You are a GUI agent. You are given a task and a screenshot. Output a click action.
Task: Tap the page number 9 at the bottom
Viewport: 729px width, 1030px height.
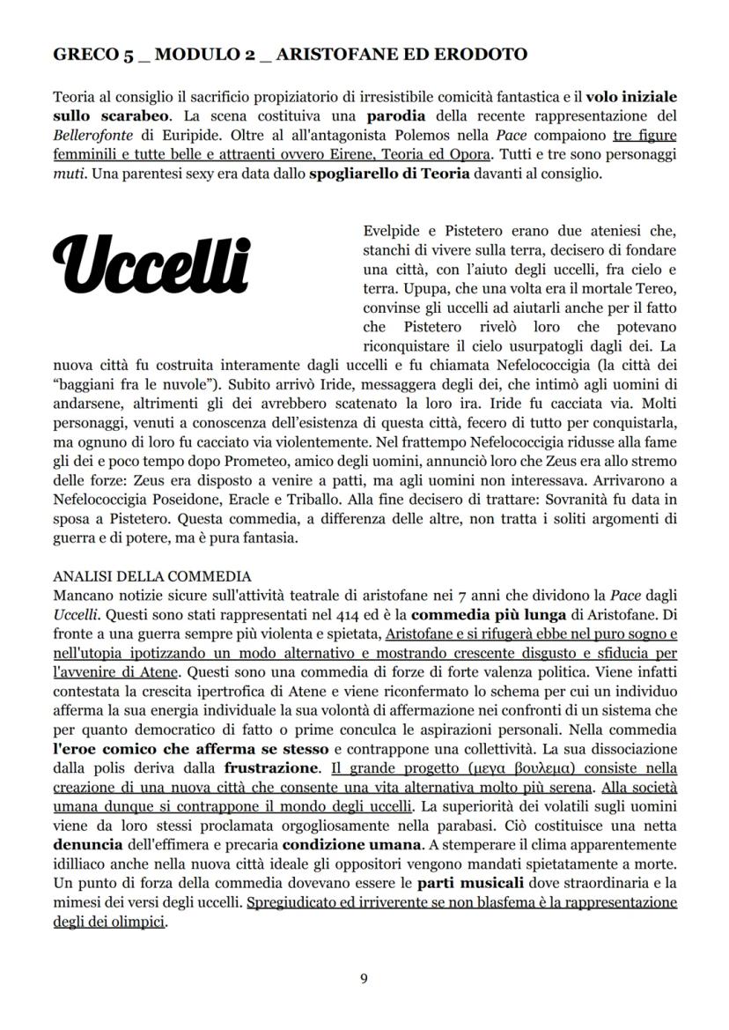click(x=364, y=977)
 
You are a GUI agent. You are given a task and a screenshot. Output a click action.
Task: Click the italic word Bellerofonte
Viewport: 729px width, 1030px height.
click(x=89, y=135)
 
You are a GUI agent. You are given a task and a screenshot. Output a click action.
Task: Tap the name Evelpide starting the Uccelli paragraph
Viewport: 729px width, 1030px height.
click(x=389, y=231)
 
